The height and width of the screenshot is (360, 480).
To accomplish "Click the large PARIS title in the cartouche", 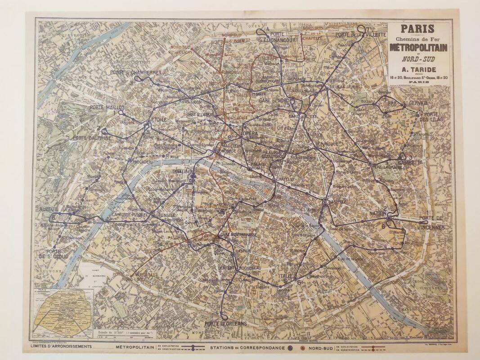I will click(x=418, y=29).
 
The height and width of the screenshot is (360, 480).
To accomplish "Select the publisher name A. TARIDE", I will click(x=418, y=69).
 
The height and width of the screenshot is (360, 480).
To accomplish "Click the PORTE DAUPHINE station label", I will click(x=92, y=138).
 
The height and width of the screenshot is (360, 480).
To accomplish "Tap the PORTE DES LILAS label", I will click(x=430, y=117).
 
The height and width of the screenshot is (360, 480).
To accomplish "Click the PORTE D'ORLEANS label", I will click(x=226, y=324).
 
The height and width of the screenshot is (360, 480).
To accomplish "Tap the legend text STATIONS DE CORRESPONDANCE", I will click(x=247, y=347).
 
